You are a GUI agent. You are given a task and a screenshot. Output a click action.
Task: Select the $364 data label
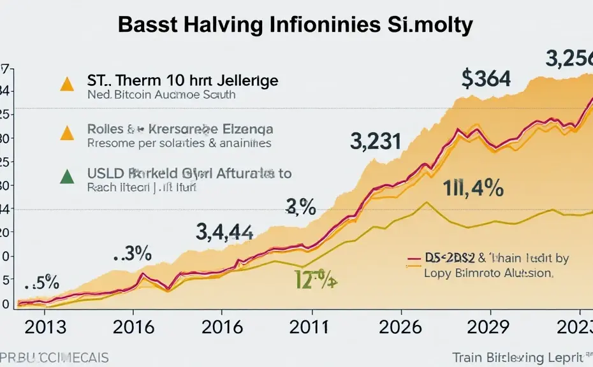click(486, 78)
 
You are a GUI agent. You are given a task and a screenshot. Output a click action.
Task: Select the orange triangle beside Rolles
click(65, 132)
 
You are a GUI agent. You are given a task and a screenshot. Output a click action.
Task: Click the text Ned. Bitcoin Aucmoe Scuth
click(161, 96)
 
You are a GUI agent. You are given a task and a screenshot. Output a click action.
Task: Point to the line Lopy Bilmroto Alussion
click(488, 273)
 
